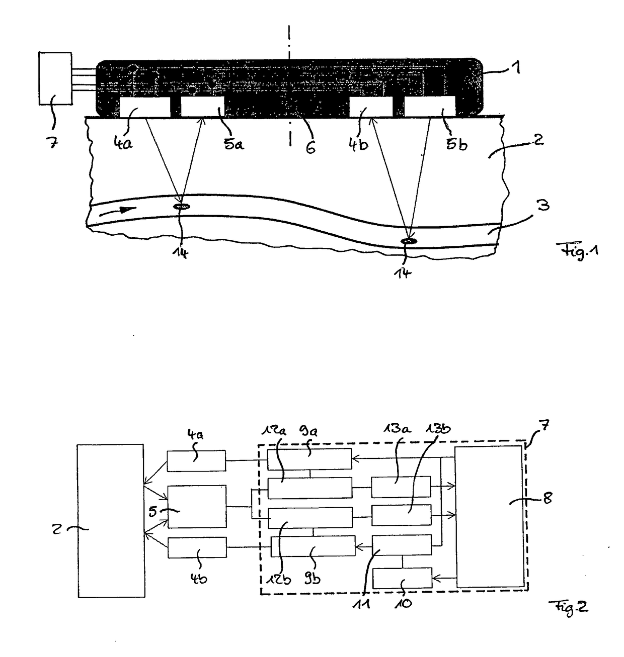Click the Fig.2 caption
[x=568, y=608]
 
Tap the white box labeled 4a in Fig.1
[x=144, y=108]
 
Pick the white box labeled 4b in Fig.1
[x=371, y=107]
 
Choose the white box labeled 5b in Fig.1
[x=430, y=107]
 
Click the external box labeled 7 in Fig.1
[x=55, y=78]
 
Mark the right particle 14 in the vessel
[x=408, y=242]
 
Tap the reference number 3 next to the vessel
[x=543, y=205]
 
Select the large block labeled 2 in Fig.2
[x=111, y=520]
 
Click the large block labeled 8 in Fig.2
[x=489, y=516]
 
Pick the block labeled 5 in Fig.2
[x=197, y=506]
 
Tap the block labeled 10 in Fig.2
[x=402, y=578]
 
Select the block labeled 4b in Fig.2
[x=197, y=547]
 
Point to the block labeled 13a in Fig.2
[x=401, y=487]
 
